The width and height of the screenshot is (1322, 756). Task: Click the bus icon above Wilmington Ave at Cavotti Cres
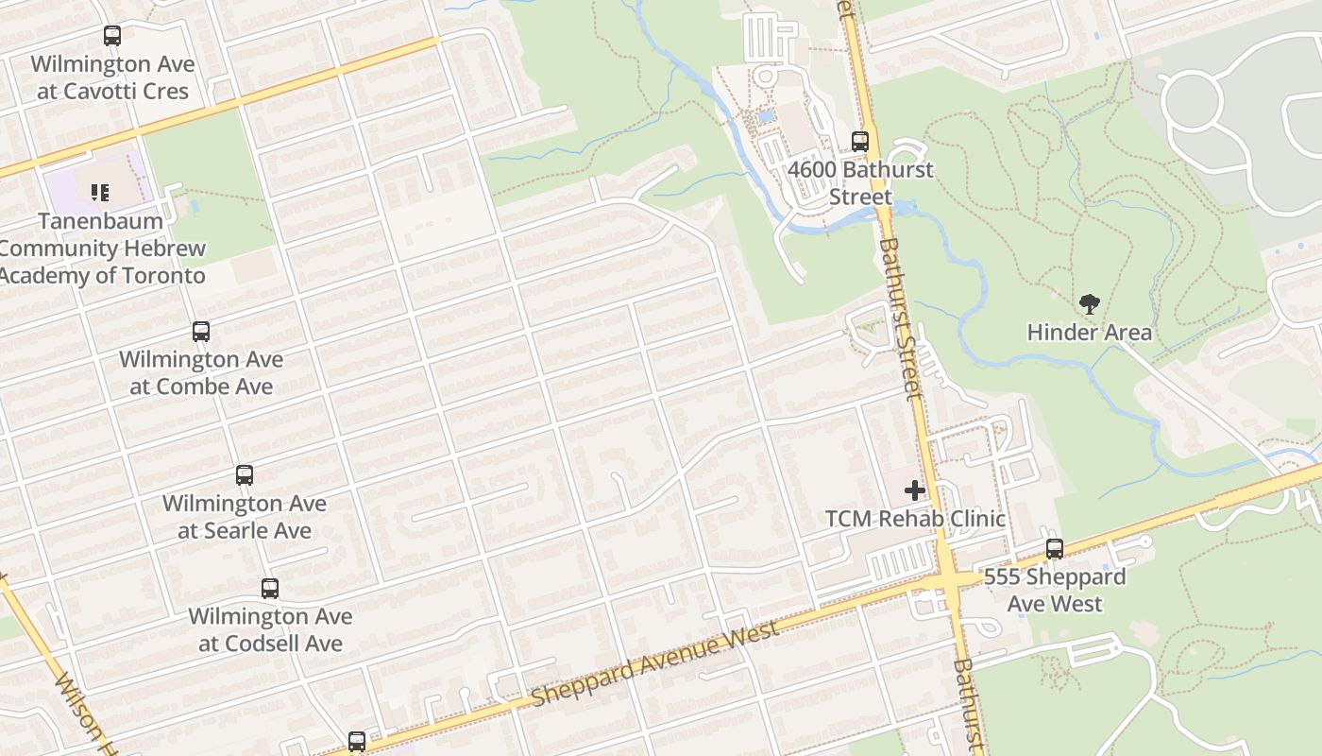(112, 37)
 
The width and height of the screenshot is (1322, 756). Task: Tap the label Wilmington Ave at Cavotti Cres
(112, 77)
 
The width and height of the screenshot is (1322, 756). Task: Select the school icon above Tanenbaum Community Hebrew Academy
(100, 193)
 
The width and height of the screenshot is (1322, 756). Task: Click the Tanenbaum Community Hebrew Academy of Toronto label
(102, 249)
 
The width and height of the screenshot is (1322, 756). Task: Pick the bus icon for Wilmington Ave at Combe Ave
(201, 332)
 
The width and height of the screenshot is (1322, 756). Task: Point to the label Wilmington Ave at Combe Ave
(201, 372)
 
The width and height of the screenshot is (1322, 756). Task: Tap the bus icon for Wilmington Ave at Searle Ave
(245, 475)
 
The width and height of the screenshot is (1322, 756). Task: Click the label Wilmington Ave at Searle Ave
(245, 516)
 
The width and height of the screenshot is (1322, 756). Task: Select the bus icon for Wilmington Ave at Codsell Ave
(270, 589)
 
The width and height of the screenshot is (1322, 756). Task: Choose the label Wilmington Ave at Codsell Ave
(270, 629)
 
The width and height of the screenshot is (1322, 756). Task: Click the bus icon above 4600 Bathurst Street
(860, 142)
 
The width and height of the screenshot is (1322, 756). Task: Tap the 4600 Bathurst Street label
(860, 183)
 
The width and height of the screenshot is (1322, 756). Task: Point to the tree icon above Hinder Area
(1090, 304)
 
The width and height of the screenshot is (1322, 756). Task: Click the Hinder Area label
(1090, 333)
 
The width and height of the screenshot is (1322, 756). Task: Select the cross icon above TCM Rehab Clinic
(915, 490)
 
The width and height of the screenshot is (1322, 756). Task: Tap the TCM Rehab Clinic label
(915, 519)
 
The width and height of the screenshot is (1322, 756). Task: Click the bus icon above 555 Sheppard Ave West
(1055, 549)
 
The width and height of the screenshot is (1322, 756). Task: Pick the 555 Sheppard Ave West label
(1055, 590)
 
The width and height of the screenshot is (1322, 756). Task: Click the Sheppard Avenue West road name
(654, 664)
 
